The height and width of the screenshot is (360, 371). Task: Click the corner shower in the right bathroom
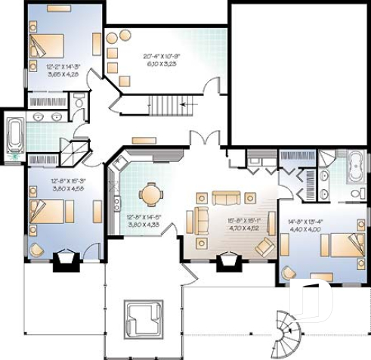(326, 158)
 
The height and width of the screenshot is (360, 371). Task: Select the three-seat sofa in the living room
(225, 198)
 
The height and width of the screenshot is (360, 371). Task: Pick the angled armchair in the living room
(264, 246)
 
